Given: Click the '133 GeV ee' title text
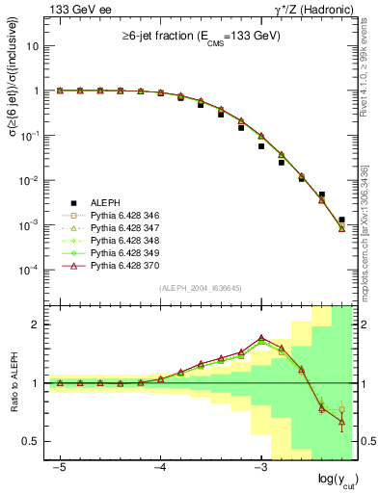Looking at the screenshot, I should click(75, 10).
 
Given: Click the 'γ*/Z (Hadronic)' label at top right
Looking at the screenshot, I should click(315, 10).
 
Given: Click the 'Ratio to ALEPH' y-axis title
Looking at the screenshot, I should click(14, 383).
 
